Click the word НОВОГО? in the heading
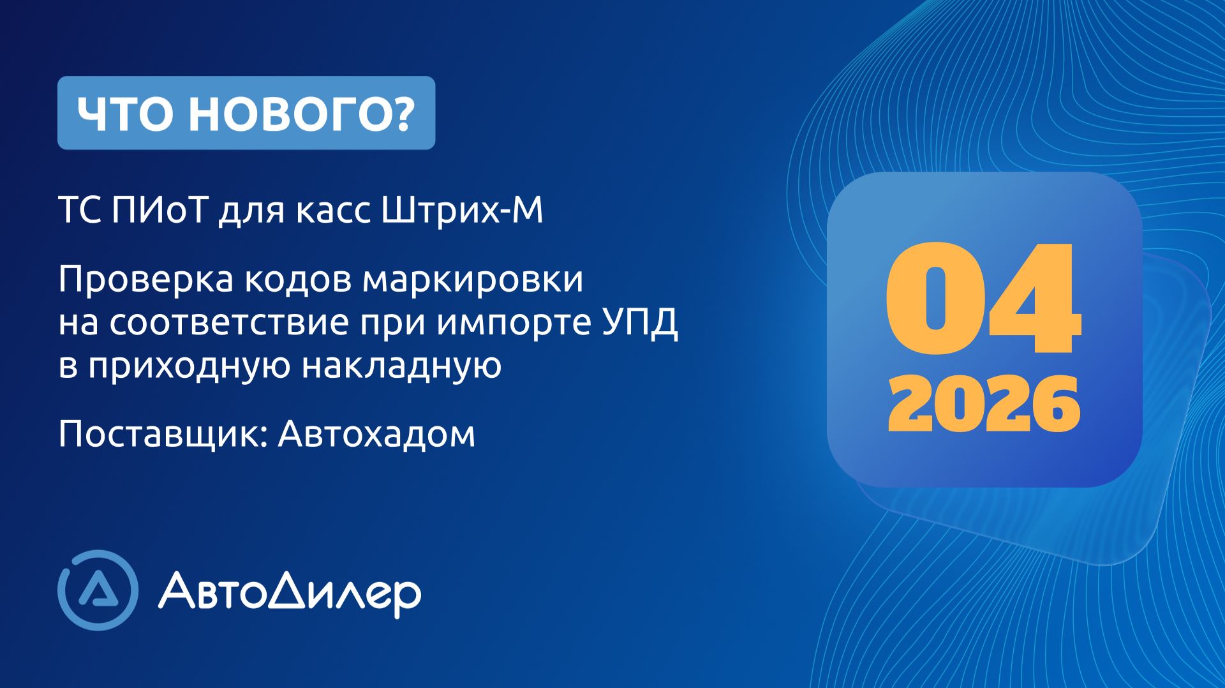302,114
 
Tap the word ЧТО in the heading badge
124,114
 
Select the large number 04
983,299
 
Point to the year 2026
983,404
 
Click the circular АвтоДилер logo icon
98,590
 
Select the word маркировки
473,280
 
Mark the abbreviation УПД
640,322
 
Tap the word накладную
401,366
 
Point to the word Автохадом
376,434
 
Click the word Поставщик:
163,435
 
